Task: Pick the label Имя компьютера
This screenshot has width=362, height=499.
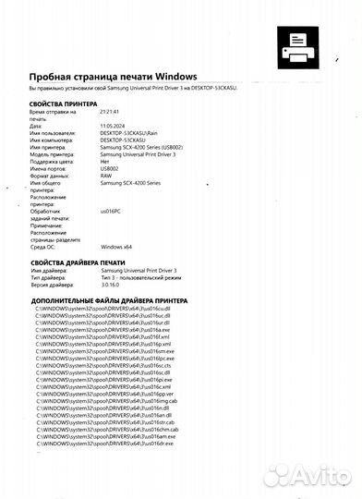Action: [55, 140]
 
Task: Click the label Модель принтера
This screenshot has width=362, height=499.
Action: [55, 154]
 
